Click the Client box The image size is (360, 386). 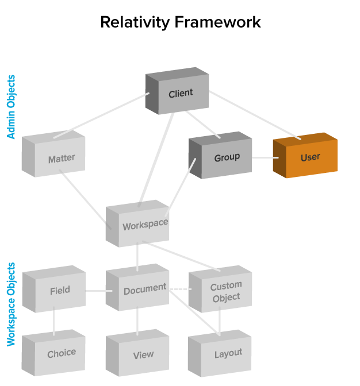coord(180,93)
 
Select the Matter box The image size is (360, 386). coord(61,159)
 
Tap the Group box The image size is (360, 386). coord(226,157)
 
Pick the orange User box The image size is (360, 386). coord(310,157)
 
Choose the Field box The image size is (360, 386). coord(60,291)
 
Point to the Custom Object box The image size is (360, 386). coord(225,292)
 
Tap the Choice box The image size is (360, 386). coord(61,354)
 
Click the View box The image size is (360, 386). coord(143,355)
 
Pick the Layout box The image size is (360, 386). coord(228,354)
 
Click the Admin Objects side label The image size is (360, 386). coord(11,107)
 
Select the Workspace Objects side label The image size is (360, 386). coord(11,304)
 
